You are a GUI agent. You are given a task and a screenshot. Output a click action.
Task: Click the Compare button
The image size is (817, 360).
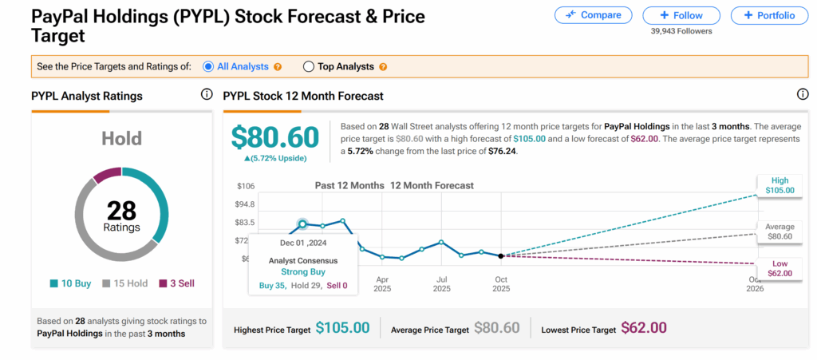point(593,15)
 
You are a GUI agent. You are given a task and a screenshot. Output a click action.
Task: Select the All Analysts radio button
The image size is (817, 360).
point(208,67)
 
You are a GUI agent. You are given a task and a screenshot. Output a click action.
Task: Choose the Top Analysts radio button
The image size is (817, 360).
point(309,67)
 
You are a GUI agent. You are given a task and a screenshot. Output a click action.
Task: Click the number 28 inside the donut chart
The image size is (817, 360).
point(121,211)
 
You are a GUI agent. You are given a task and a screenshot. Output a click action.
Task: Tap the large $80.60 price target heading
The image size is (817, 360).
point(275,136)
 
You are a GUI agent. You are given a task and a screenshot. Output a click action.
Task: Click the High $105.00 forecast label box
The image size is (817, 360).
point(779,185)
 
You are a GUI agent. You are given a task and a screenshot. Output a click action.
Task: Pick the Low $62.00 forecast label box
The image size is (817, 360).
point(779,268)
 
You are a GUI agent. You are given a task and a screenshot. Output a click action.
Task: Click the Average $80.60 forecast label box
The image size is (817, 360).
point(779,231)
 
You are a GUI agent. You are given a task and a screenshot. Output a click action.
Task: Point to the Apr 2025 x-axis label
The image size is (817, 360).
point(382,284)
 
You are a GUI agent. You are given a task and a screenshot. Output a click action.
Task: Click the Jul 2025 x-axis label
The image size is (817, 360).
point(441,284)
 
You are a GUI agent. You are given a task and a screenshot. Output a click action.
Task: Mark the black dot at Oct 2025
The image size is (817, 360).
point(500,255)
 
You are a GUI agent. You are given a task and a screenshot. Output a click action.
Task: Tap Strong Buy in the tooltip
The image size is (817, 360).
point(302,271)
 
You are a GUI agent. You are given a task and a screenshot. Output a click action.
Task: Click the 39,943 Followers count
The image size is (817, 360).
point(681,31)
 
